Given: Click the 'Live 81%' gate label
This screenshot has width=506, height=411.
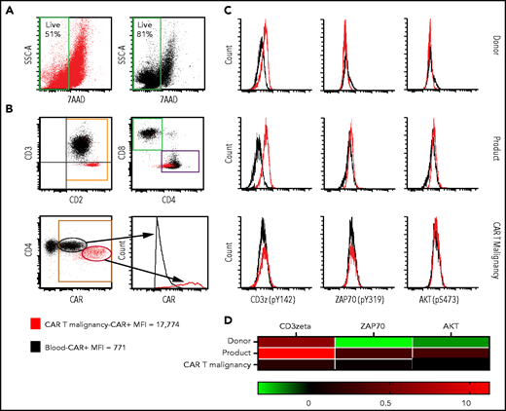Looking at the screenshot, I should pyautogui.click(x=141, y=21).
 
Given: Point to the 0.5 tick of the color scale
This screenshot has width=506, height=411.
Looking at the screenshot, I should pyautogui.click(x=382, y=399).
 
